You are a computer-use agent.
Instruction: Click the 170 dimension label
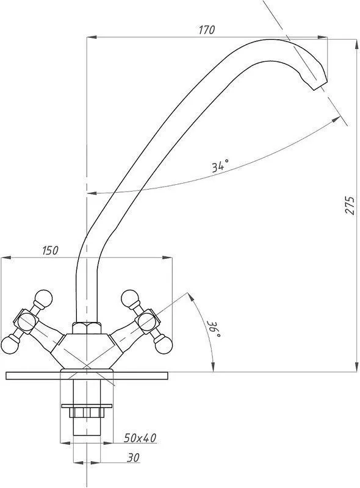pyautogui.click(x=207, y=30)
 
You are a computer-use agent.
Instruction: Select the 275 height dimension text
pyautogui.click(x=350, y=205)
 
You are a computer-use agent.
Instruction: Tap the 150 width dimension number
pyautogui.click(x=50, y=250)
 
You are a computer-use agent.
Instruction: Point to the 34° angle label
pyautogui.click(x=220, y=165)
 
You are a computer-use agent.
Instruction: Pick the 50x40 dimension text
pyautogui.click(x=140, y=438)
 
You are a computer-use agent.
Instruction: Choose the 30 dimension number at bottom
pyautogui.click(x=133, y=457)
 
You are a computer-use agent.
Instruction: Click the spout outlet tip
pyautogui.click(x=321, y=85)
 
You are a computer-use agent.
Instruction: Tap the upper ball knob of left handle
pyautogui.click(x=43, y=298)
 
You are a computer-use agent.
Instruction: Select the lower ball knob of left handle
pyautogui.click(x=10, y=345)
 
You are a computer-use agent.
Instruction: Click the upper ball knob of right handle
pyautogui.click(x=129, y=298)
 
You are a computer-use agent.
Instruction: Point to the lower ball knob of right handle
pyautogui.click(x=164, y=345)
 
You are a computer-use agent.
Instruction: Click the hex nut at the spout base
pyautogui.click(x=87, y=328)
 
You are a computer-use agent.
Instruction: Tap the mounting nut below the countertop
pyautogui.click(x=87, y=413)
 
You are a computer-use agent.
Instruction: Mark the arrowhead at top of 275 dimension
pyautogui.click(x=356, y=44)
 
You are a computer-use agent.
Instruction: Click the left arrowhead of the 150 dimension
pyautogui.click(x=6, y=257)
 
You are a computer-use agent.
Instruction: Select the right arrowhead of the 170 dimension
pyautogui.click(x=322, y=37)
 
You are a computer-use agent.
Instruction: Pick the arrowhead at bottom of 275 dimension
pyautogui.click(x=356, y=367)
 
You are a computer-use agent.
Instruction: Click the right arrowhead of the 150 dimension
pyautogui.click(x=167, y=257)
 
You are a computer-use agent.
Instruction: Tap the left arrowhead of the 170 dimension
pyautogui.click(x=92, y=37)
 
